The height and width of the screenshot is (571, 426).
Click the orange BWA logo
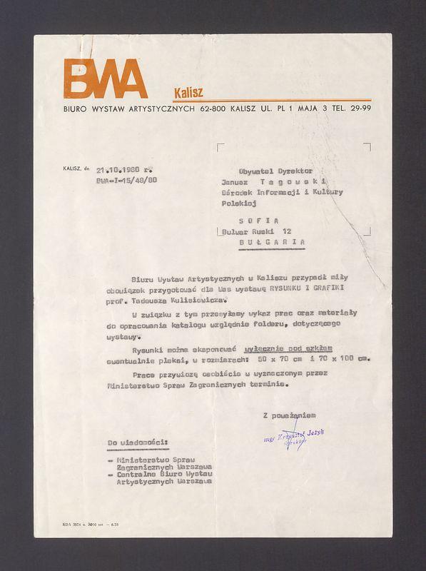click(104, 79)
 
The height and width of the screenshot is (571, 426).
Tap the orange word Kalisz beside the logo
click(188, 92)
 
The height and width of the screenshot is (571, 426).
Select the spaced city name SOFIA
click(259, 221)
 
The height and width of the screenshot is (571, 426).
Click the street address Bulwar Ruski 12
click(256, 232)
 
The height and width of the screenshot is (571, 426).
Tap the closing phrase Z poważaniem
click(289, 415)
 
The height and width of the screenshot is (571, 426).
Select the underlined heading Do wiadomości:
click(138, 443)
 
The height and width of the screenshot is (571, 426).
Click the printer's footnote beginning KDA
click(89, 525)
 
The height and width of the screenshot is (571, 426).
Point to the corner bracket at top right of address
click(367, 146)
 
